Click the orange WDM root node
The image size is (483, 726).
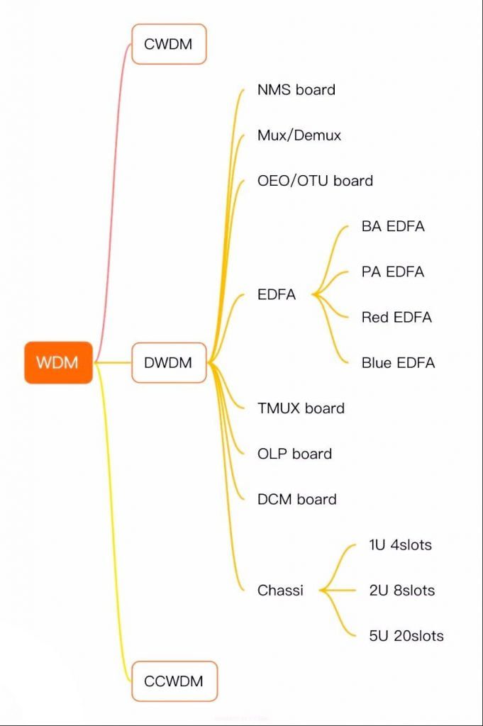58,362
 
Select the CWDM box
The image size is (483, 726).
169,44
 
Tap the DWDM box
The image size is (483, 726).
169,362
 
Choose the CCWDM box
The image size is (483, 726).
174,681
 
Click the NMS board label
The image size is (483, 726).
296,89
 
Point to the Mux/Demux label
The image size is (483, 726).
299,135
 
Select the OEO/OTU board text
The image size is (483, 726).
315,181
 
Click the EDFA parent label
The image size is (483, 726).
277,294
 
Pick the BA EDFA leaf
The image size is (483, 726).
393,226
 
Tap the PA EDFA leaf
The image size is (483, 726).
393,272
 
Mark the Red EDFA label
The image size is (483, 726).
396,317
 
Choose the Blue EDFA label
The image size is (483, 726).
399,362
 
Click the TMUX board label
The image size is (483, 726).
301,408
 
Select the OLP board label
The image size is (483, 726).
294,453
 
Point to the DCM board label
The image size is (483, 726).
297,499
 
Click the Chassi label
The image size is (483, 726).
280,590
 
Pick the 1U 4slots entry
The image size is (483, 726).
400,544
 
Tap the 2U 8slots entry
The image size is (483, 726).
402,591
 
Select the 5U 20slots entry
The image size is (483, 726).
406,636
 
